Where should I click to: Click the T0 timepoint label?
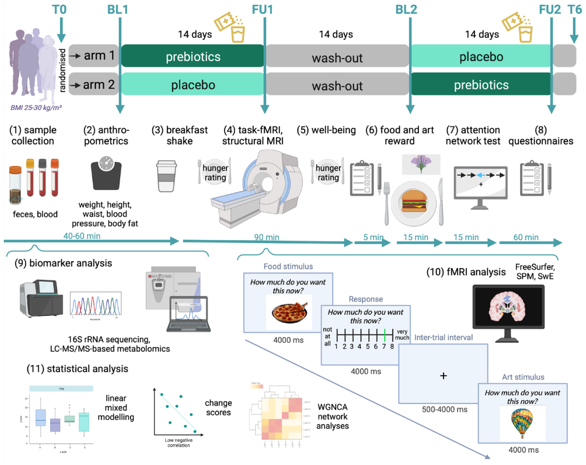coord(61,9)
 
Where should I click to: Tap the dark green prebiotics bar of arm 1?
coord(193,57)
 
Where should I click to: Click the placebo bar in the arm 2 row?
coord(193,85)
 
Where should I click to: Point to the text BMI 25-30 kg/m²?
coord(36,108)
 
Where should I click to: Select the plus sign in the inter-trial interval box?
coord(443,375)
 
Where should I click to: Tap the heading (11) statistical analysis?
coord(77,368)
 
